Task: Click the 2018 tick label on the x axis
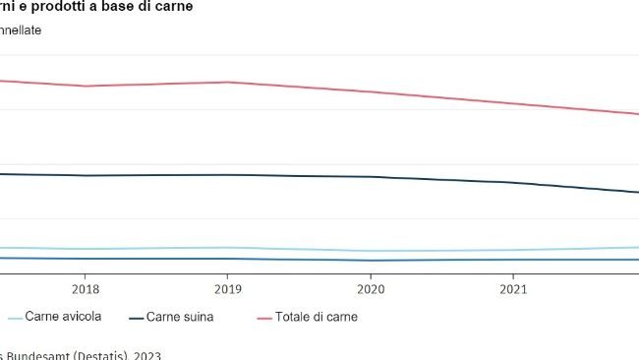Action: pos(85,290)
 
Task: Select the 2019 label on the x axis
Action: pos(227,290)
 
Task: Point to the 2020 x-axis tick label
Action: pos(370,290)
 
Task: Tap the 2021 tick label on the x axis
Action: pos(512,290)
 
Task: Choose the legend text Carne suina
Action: pos(179,317)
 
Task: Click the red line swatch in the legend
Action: pos(263,318)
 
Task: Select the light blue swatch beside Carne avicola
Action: pos(16,318)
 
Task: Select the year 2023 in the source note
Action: pos(146,355)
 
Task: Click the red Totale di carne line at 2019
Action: pos(227,83)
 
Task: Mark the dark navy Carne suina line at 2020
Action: pos(370,177)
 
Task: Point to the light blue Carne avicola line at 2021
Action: pos(512,250)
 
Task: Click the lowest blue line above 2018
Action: pos(85,259)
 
